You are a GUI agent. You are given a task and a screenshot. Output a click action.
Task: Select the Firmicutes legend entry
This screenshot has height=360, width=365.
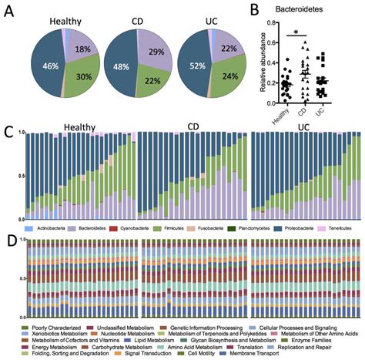pyautogui.click(x=161, y=230)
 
